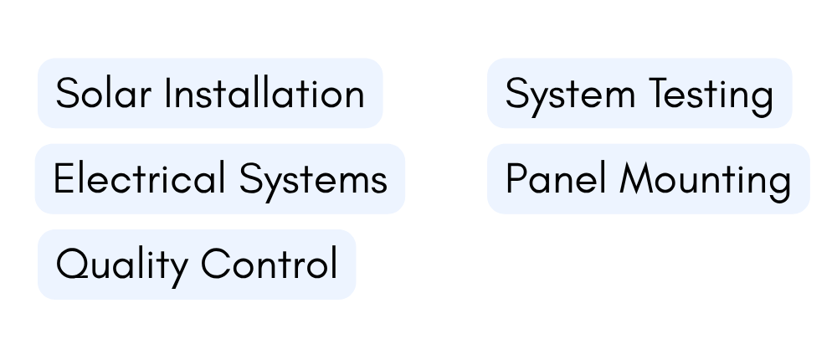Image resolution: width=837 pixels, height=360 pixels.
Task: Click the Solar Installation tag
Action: (x=210, y=93)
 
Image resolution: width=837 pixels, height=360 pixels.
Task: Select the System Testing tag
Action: (x=639, y=93)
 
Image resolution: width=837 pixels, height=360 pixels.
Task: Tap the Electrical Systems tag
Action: (x=220, y=179)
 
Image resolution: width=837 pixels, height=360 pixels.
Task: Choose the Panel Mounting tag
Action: (x=649, y=179)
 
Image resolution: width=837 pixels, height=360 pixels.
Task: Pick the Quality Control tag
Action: (x=197, y=265)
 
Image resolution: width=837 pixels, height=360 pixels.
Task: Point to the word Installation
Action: (x=264, y=92)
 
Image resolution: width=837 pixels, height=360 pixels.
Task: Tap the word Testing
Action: (x=711, y=96)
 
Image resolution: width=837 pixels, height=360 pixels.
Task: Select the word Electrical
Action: (x=139, y=177)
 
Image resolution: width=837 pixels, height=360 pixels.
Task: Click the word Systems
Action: (x=313, y=182)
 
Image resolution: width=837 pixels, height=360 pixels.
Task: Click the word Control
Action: (x=270, y=264)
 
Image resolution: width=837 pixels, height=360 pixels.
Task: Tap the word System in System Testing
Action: (x=570, y=96)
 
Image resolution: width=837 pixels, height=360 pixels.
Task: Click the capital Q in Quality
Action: (x=72, y=264)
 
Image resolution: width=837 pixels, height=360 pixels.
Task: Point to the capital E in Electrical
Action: (x=63, y=178)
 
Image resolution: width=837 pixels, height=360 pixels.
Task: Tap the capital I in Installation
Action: (x=167, y=93)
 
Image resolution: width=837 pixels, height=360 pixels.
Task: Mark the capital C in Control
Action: (x=216, y=264)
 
